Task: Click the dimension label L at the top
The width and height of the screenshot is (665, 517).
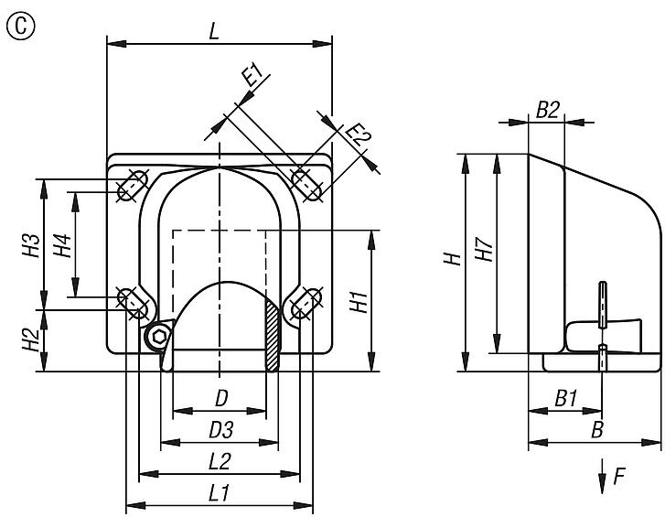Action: [213, 30]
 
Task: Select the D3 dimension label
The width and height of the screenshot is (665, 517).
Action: [220, 429]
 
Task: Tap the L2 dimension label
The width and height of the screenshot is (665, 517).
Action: [219, 460]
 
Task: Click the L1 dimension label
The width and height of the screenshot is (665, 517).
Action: [219, 493]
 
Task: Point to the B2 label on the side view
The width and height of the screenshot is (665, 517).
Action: [547, 110]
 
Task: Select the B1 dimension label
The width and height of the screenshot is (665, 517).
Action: [566, 398]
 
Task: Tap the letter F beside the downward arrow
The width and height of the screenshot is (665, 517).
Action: [620, 476]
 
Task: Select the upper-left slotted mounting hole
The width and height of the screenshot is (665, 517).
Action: [132, 186]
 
